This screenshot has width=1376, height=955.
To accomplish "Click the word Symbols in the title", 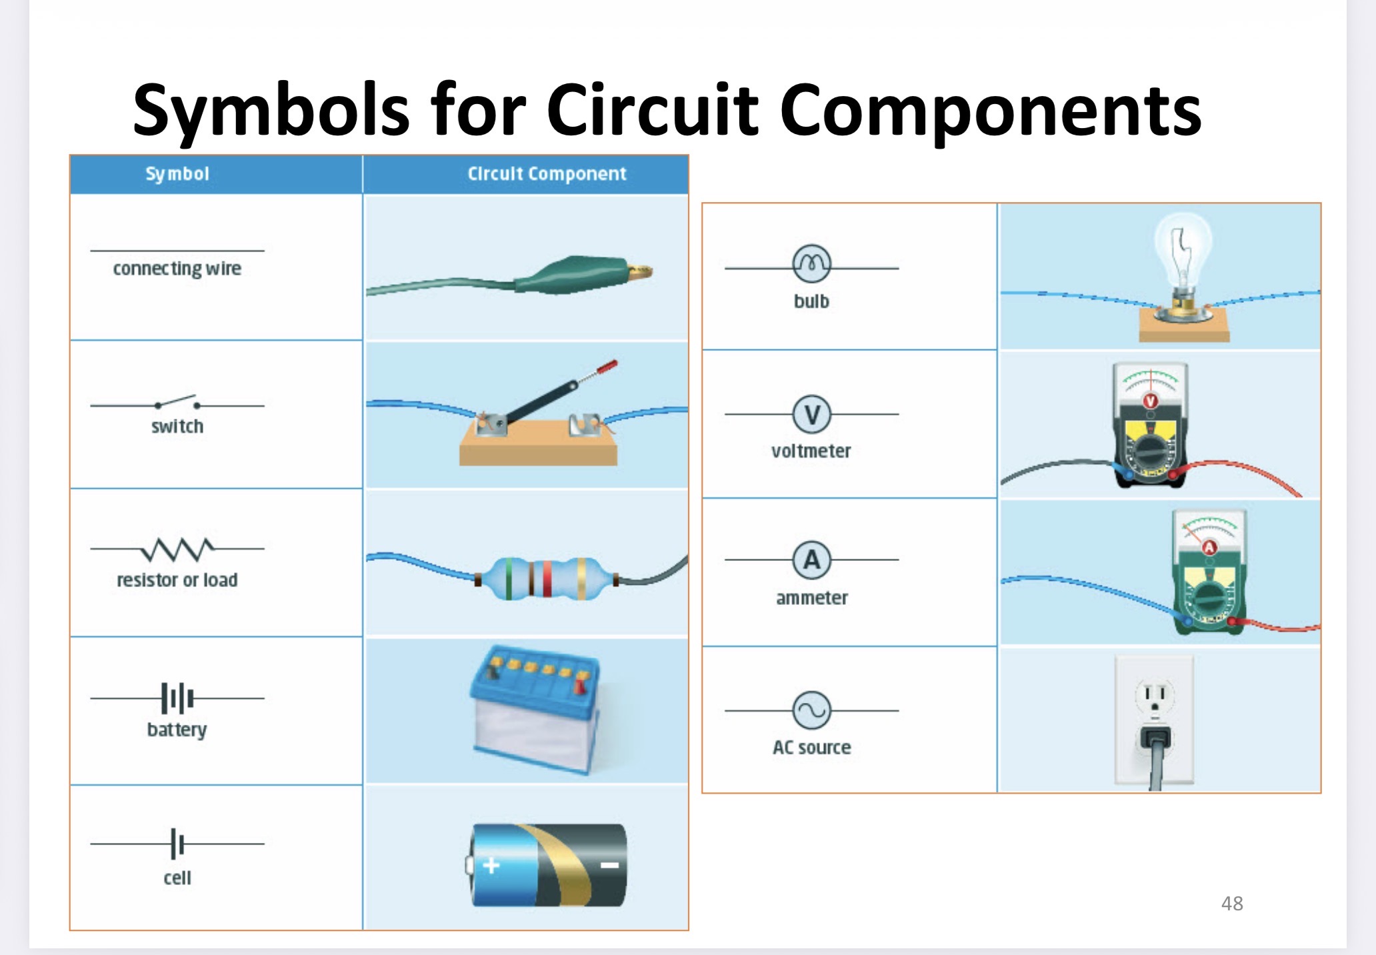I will (270, 111).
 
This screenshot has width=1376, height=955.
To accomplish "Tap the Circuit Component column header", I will (547, 174).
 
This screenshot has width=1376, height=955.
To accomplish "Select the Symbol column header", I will (177, 174).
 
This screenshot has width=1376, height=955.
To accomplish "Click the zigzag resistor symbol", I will (177, 549).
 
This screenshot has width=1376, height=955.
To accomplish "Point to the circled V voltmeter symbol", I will (812, 414).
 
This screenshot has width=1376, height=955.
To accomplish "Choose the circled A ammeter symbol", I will (812, 560).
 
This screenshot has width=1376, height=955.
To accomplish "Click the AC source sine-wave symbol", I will (812, 710).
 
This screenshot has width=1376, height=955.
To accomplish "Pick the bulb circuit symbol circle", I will (812, 264).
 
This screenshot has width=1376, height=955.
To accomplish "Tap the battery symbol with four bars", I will (177, 698).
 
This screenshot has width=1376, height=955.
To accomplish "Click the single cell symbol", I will (177, 844).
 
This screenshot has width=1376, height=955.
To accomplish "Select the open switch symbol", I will (177, 403).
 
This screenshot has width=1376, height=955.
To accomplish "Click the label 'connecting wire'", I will (177, 269).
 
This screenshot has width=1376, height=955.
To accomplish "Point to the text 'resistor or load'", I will (177, 580).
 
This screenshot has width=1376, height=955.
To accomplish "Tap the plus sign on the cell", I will (491, 866).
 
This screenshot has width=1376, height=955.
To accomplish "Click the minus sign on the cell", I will (609, 866).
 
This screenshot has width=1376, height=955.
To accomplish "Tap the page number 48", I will (1232, 904).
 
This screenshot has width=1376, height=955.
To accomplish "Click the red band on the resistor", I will (547, 578).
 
